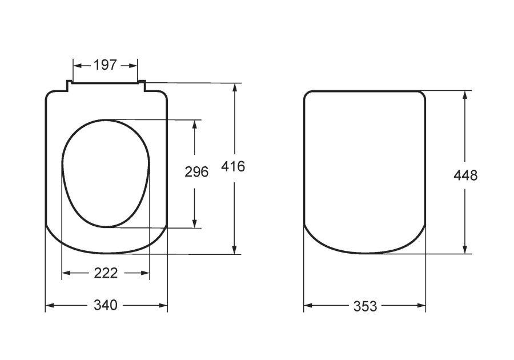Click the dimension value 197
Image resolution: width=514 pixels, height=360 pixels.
(x=105, y=65)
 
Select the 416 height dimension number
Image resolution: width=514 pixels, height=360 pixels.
(x=233, y=166)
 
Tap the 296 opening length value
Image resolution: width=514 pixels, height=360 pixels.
(x=196, y=172)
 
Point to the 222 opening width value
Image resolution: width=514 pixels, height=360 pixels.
(x=106, y=273)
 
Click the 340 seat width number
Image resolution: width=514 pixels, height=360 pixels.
(x=106, y=305)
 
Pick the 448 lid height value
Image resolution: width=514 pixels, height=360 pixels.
(x=465, y=175)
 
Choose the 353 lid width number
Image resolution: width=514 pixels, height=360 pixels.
(x=365, y=306)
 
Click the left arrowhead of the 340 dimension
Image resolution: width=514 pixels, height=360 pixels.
(x=50, y=306)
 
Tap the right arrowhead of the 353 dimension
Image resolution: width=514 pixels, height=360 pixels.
(x=421, y=306)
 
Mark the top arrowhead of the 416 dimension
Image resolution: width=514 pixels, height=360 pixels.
(x=234, y=88)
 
